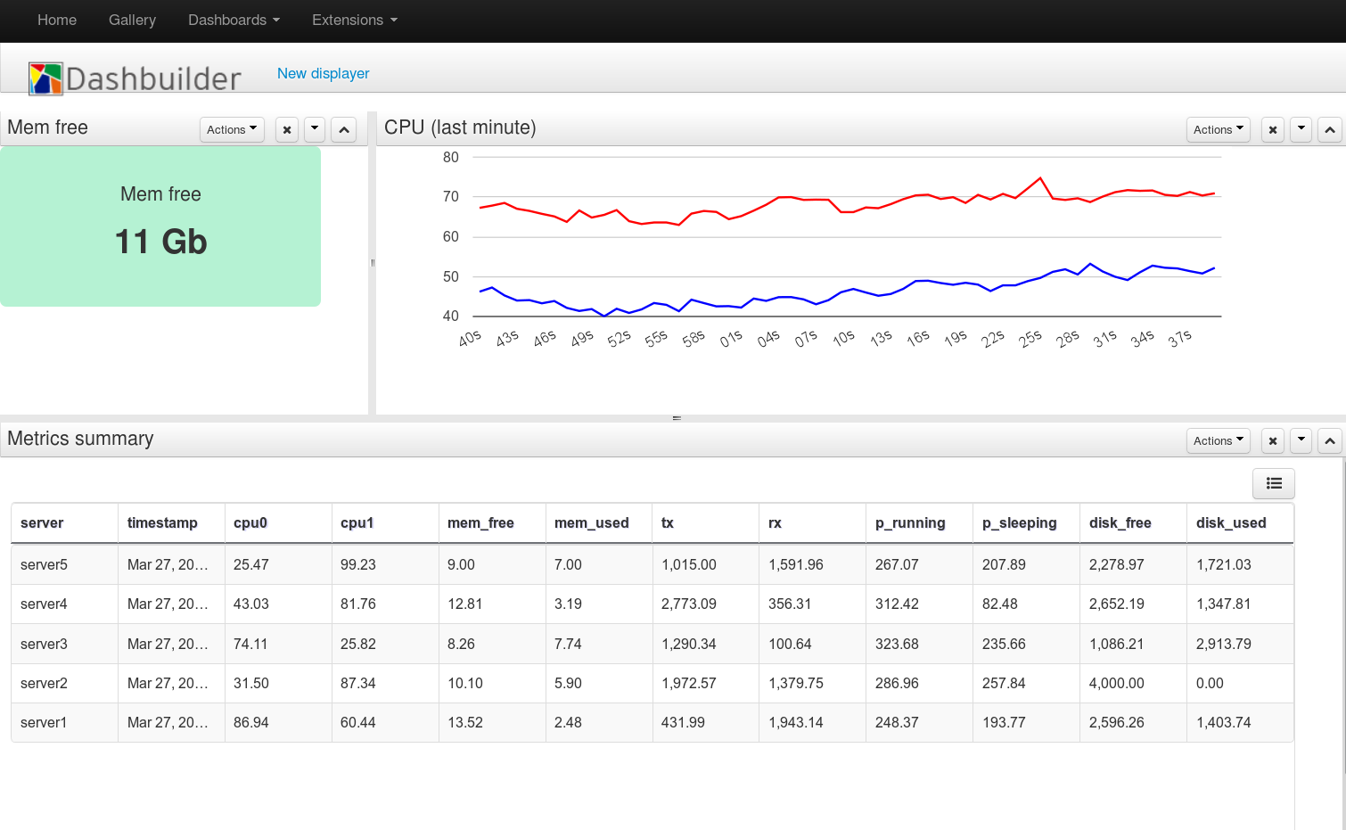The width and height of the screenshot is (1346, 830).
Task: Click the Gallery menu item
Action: (x=132, y=20)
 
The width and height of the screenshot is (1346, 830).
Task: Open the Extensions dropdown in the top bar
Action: (x=354, y=20)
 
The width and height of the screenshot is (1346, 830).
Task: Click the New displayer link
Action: (x=323, y=73)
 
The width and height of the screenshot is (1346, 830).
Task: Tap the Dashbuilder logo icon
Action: (x=45, y=78)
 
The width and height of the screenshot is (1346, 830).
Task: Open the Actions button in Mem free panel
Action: (x=232, y=129)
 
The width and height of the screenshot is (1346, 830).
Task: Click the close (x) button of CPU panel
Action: (x=1273, y=129)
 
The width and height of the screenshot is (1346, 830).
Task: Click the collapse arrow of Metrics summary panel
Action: (x=1329, y=440)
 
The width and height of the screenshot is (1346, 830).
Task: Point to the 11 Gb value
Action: (x=160, y=242)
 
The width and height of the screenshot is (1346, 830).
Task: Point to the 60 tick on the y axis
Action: (x=451, y=236)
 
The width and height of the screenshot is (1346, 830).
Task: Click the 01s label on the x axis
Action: (x=731, y=339)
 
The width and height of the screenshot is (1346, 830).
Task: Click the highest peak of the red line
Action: (x=1040, y=178)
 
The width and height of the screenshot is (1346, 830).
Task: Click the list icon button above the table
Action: (x=1273, y=483)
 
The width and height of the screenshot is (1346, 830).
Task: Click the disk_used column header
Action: (x=1231, y=522)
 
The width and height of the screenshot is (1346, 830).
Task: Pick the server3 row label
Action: (x=44, y=644)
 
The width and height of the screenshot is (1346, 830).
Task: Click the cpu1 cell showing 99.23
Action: (x=358, y=564)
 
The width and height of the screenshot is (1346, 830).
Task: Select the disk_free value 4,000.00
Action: (x=1116, y=683)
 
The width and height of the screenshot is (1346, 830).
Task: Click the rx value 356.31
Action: (x=790, y=604)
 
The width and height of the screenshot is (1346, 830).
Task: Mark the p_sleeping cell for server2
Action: (x=1004, y=683)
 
